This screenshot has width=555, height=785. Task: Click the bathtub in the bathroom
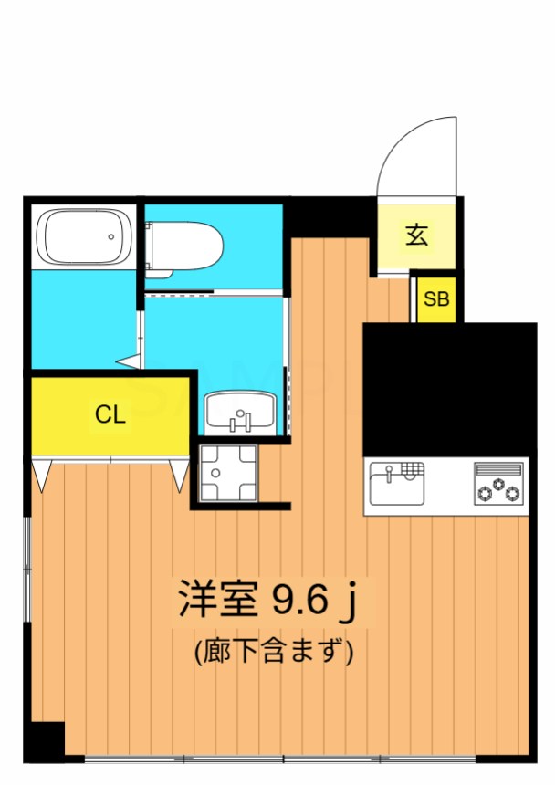tap(84, 236)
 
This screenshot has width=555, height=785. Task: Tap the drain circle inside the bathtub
tap(111, 236)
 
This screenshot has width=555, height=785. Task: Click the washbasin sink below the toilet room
tap(240, 411)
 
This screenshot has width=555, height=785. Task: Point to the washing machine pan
tap(227, 473)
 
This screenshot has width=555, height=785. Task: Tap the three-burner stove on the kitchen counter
tap(499, 484)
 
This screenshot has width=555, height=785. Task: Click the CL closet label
tap(110, 414)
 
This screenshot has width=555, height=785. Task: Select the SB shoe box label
tap(436, 298)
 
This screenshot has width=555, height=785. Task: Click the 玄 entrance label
tap(417, 235)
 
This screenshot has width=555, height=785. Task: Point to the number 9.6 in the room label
tap(298, 600)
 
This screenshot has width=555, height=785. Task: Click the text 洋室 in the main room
tap(218, 599)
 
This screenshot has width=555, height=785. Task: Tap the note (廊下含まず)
tap(274, 651)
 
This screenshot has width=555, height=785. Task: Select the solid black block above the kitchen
tap(450, 390)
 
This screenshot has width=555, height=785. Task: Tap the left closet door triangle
tap(41, 476)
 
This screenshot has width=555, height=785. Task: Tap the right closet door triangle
tap(179, 476)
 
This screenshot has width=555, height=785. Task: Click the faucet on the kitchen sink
tap(389, 473)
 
